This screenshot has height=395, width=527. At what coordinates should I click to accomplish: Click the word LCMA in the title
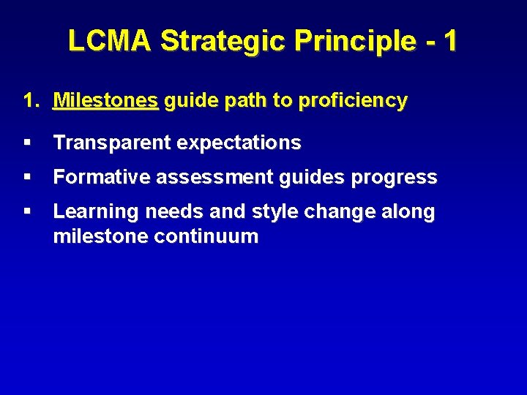111,41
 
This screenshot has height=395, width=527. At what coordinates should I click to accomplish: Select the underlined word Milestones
105,101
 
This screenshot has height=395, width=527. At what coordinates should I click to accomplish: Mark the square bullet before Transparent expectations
27,143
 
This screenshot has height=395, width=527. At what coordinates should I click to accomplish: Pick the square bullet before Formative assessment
27,177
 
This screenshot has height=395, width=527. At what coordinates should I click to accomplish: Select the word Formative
97,177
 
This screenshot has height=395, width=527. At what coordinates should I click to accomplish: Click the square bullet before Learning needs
27,211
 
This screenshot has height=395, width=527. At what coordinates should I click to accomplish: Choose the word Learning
96,212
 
